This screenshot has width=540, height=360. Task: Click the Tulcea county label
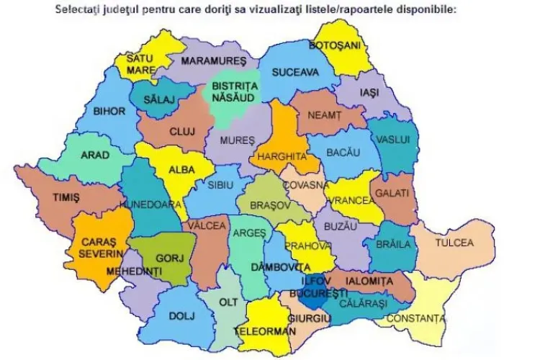[x=454, y=243]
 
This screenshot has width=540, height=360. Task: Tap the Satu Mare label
[x=140, y=64]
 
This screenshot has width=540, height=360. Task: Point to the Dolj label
[x=181, y=315]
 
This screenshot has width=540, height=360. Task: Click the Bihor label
[x=109, y=111]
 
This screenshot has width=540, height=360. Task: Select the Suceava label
[x=299, y=73]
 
